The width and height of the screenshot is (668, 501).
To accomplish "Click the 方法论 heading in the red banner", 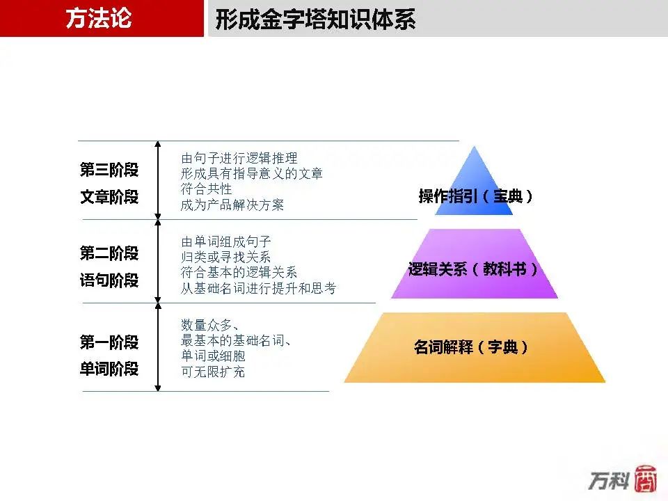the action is coord(99,18).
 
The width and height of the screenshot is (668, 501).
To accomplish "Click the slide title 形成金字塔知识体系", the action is coord(315,19).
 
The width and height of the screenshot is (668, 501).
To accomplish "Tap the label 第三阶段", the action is coord(109,170).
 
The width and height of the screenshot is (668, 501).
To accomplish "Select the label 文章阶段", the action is coord(109,197).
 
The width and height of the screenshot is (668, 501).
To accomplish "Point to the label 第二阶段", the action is coord(109,253).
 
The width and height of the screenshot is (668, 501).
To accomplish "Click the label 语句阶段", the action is coord(109,280).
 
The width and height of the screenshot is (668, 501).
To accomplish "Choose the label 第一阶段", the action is coord(109,342).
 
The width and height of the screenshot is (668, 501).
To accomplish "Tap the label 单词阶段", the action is coord(109,369).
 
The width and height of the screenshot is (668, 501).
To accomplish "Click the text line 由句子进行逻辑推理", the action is coord(239,158).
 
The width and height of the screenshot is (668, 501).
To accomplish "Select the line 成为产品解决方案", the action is coord(232,205).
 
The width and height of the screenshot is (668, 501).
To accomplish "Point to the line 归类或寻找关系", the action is coord(225,257).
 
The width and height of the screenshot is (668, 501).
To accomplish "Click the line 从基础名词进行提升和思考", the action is coord(259,288).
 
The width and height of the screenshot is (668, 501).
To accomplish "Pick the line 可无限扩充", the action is coord(213,372).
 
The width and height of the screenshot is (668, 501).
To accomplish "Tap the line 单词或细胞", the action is coord(213,356).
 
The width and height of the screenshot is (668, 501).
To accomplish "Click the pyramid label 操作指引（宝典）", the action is coord(475,196).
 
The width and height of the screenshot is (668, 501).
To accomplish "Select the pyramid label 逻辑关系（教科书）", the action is coord(473,269).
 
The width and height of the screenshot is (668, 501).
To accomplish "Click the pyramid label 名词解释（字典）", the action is coord(471,347).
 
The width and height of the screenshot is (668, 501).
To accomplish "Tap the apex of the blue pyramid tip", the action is coord(474,147).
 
